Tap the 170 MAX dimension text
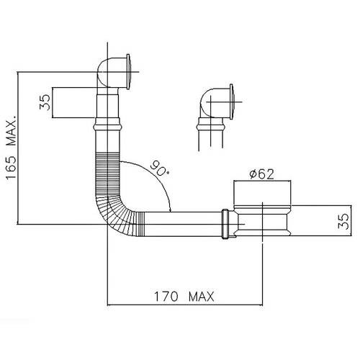click(184, 297)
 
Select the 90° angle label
click(160, 168)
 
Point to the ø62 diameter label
click(261, 174)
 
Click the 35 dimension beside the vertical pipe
click(45, 102)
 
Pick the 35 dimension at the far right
click(343, 221)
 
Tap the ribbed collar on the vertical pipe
click(108, 124)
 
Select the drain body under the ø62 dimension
click(263, 220)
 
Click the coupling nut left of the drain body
click(225, 224)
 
